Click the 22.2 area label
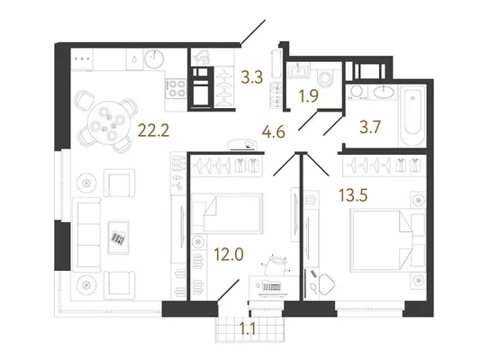[x=154, y=130]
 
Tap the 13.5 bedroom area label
[x=353, y=194]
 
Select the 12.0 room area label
[x=229, y=254]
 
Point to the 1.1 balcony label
[x=248, y=329]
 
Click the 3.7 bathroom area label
[x=370, y=127]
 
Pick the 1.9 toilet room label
[x=309, y=96]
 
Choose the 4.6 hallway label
[x=274, y=132]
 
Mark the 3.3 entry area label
[x=252, y=77]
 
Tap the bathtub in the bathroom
[x=412, y=116]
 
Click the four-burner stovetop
[x=177, y=88]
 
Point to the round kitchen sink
[x=154, y=58]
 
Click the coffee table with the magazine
[x=119, y=238]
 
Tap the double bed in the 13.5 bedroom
[x=383, y=239]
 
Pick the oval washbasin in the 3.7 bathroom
[x=383, y=92]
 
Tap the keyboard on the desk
[x=272, y=288]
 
